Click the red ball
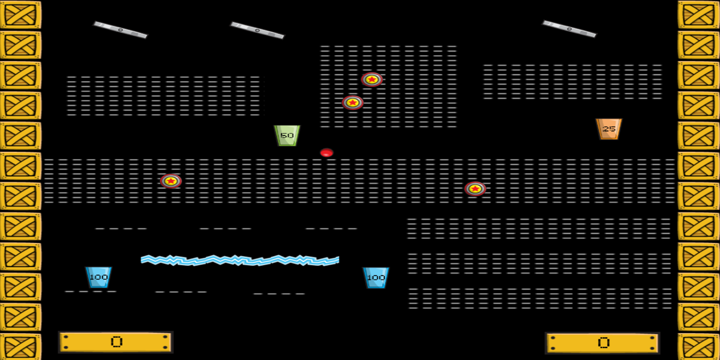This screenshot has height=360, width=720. [326, 152]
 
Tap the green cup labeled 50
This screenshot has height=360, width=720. [287, 136]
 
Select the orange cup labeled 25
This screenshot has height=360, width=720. [608, 129]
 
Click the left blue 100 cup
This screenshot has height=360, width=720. [98, 277]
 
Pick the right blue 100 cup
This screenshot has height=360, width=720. [376, 277]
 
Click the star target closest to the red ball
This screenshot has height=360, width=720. [353, 103]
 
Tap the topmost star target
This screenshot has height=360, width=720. [372, 79]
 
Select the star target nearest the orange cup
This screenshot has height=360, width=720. [475, 189]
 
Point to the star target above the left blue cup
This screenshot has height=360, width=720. [171, 181]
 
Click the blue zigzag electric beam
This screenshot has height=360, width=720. [240, 260]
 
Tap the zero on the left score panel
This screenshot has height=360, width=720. [116, 342]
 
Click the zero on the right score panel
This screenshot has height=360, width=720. [604, 343]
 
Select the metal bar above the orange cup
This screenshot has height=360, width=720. [569, 29]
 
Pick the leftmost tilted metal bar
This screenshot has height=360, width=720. [120, 30]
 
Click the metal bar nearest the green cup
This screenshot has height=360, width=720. [257, 30]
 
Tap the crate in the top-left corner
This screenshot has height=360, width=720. [20, 15]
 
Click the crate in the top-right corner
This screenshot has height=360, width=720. [699, 15]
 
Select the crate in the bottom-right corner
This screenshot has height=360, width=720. [699, 347]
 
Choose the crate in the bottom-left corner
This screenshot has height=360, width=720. [20, 347]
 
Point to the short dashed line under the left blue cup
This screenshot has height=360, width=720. [91, 292]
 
